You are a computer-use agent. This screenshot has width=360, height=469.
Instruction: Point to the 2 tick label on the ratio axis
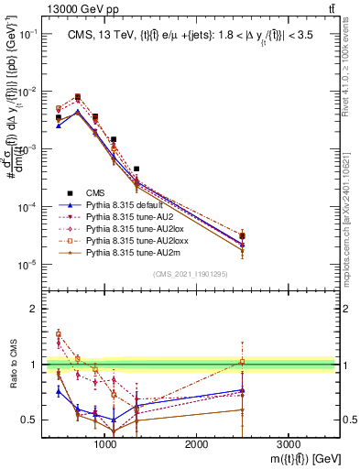32,309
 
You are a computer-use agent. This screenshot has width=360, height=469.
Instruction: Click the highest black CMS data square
77,96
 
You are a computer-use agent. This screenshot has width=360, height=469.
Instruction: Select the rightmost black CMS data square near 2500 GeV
242,236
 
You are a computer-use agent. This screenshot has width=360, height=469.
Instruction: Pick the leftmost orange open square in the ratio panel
59,333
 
